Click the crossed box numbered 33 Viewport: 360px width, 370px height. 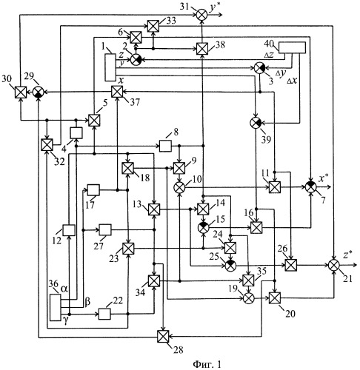click(153, 26)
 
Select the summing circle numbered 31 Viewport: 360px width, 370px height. click(202, 15)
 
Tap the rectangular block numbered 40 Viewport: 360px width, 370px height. click(292, 47)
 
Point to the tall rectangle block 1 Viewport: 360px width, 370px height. click(110, 67)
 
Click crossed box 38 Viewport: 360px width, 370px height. click(202, 49)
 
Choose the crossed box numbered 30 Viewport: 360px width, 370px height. click(21, 92)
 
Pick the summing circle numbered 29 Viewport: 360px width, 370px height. click(39, 92)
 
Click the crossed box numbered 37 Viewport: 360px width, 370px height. click(117, 92)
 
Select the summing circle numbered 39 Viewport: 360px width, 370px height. click(256, 122)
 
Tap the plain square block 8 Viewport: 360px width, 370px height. click(165, 146)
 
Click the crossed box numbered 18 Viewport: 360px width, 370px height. click(128, 168)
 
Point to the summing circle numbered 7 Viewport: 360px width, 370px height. click(311, 186)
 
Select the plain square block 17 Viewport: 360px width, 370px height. click(93, 190)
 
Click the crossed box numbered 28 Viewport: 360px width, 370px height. click(163, 337)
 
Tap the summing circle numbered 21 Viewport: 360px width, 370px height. click(334, 265)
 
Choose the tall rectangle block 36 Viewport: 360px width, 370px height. click(56, 307)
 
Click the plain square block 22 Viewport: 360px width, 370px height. click(104, 314)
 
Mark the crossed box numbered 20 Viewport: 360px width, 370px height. click(275, 298)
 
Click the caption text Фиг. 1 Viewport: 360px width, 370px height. click(207, 364)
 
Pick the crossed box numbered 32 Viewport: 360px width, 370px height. click(47, 145)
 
